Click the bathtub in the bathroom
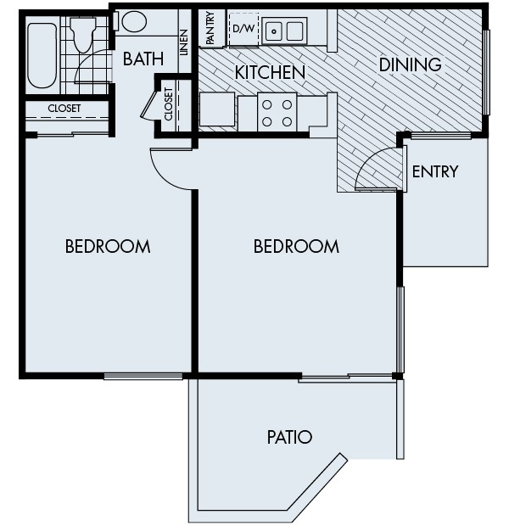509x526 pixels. [x=42, y=55]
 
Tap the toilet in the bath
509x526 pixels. [x=84, y=33]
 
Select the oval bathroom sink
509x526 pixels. [x=135, y=22]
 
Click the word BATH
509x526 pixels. [x=143, y=59]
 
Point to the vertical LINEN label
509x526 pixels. [x=184, y=42]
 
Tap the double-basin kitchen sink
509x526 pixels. [x=284, y=31]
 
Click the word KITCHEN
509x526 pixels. [x=270, y=73]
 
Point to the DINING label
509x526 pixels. [x=410, y=64]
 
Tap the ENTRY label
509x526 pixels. [x=434, y=172]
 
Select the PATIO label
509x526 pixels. [x=289, y=438]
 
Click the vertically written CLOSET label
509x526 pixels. [x=167, y=105]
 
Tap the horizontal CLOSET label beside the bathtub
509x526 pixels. [x=64, y=109]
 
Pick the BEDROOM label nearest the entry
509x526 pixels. [x=296, y=247]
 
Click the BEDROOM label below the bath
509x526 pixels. [x=108, y=247]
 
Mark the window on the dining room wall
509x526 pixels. [x=486, y=72]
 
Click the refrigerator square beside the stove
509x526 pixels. [x=217, y=110]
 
